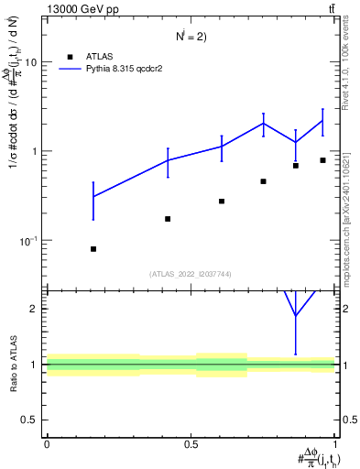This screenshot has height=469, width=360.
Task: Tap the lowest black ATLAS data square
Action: tap(93, 249)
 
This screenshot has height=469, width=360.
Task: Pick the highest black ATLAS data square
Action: tap(322, 160)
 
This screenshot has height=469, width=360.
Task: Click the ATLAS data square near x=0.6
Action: tap(222, 202)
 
